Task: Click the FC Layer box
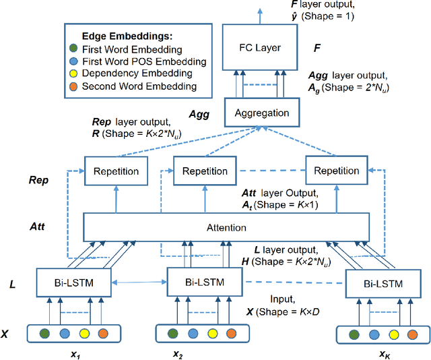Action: [260, 49]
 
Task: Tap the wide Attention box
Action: [226, 227]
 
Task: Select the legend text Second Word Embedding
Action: [129, 86]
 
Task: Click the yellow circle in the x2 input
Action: [213, 332]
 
